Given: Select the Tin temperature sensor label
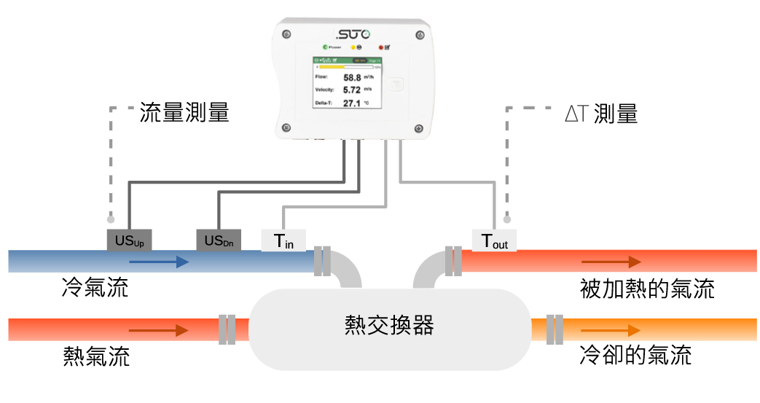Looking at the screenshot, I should point(283,240).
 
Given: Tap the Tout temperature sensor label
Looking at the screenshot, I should point(495,240).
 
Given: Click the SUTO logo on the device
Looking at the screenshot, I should point(353,34).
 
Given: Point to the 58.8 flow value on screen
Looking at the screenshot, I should point(353,77).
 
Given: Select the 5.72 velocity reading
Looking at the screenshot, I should point(353,90).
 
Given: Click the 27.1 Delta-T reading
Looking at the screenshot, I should point(352,103).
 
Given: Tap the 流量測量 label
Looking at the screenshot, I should point(184,113).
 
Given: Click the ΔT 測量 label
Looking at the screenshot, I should point(601,114).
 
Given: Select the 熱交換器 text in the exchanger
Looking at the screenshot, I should point(389,325).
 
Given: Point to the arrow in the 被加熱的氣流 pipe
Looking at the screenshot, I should point(611,262).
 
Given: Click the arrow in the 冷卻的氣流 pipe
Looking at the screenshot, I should point(611,330).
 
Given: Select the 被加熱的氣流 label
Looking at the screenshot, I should point(645,289).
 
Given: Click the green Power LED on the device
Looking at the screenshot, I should point(326,47).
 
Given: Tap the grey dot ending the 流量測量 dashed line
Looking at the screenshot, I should point(111,218).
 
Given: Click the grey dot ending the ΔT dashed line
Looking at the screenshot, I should point(506,218).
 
